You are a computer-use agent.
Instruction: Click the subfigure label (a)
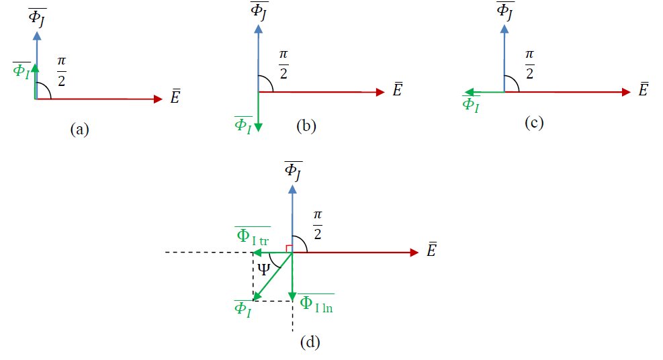[79, 129]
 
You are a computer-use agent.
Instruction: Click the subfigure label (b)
[306, 126]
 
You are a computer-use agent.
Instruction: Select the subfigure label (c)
[534, 122]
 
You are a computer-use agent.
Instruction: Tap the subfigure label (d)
[310, 342]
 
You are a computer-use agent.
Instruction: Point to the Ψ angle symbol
[263, 269]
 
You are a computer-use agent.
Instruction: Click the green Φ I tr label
[253, 236]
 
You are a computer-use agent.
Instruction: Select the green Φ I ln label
[316, 304]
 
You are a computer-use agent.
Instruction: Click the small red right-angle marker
[290, 249]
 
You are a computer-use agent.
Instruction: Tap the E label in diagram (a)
[175, 97]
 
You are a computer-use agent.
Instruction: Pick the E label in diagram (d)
[431, 250]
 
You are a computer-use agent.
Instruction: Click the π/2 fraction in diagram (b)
[283, 64]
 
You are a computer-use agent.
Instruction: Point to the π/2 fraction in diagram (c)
[529, 64]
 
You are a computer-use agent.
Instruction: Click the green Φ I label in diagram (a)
[21, 71]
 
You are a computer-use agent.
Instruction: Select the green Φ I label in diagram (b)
[243, 125]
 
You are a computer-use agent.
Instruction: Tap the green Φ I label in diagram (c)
[471, 104]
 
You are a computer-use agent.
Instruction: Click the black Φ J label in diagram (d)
[293, 171]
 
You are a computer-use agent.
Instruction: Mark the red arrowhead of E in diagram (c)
[626, 92]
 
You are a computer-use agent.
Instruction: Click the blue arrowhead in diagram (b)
[259, 29]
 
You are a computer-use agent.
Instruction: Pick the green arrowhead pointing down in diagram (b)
[259, 128]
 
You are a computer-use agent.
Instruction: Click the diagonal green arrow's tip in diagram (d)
[254, 300]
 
